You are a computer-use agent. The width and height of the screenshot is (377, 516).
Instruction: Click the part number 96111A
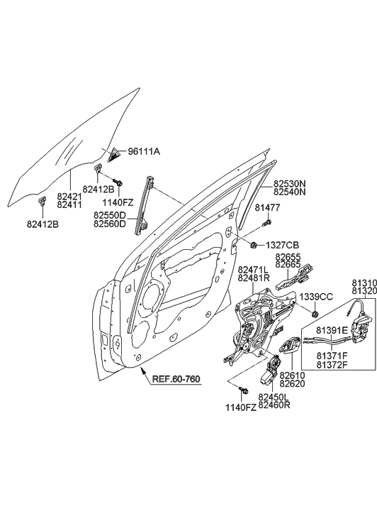(144, 152)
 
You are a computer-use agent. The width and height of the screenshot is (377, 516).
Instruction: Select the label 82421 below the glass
(69, 196)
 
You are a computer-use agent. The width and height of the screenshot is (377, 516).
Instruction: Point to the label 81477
(268, 208)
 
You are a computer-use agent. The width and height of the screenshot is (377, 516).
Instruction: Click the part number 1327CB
(282, 246)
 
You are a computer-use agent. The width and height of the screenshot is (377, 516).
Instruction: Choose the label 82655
(288, 257)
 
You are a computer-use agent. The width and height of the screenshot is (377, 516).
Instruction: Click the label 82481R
(253, 278)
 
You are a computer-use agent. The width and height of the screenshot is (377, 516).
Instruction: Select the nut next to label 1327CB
(254, 246)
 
